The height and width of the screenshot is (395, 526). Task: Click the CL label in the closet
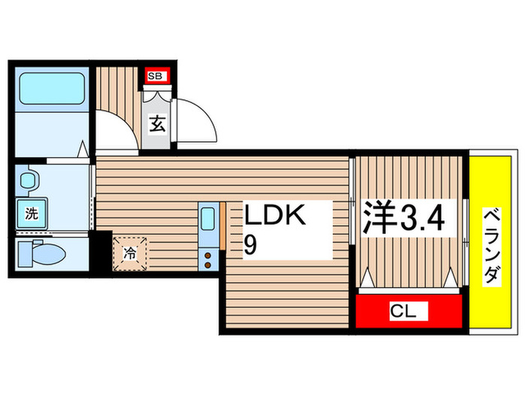click(x=407, y=311)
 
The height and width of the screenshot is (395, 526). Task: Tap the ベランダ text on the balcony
click(x=490, y=245)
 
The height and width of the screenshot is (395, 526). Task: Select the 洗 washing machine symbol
click(x=32, y=213)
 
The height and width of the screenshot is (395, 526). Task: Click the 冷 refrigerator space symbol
click(x=131, y=252)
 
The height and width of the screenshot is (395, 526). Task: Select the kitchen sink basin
click(x=208, y=221)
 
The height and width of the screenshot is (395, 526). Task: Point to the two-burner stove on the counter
click(x=208, y=258)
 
